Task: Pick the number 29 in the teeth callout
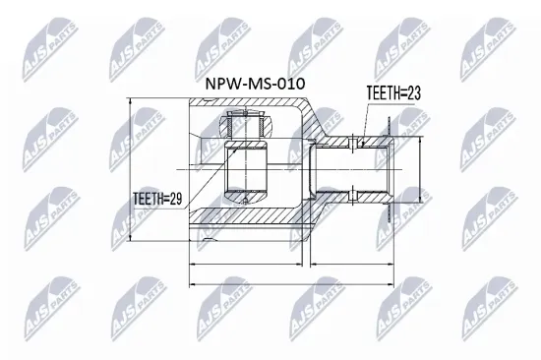pos(179,200)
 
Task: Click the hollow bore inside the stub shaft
pos(354,167)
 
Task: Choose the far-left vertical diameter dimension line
pos(132,167)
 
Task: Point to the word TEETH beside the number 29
pos(152,200)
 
